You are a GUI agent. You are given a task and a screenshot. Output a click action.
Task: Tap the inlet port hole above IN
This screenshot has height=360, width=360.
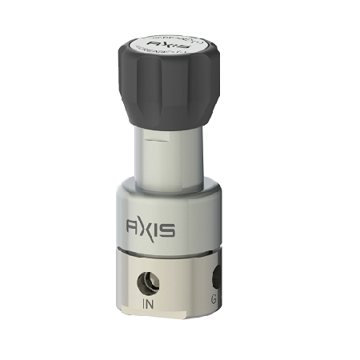tap(149, 282)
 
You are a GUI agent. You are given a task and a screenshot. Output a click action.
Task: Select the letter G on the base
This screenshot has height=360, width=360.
tap(214, 301)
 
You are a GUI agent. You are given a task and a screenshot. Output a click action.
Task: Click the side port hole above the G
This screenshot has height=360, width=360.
tap(214, 278)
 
